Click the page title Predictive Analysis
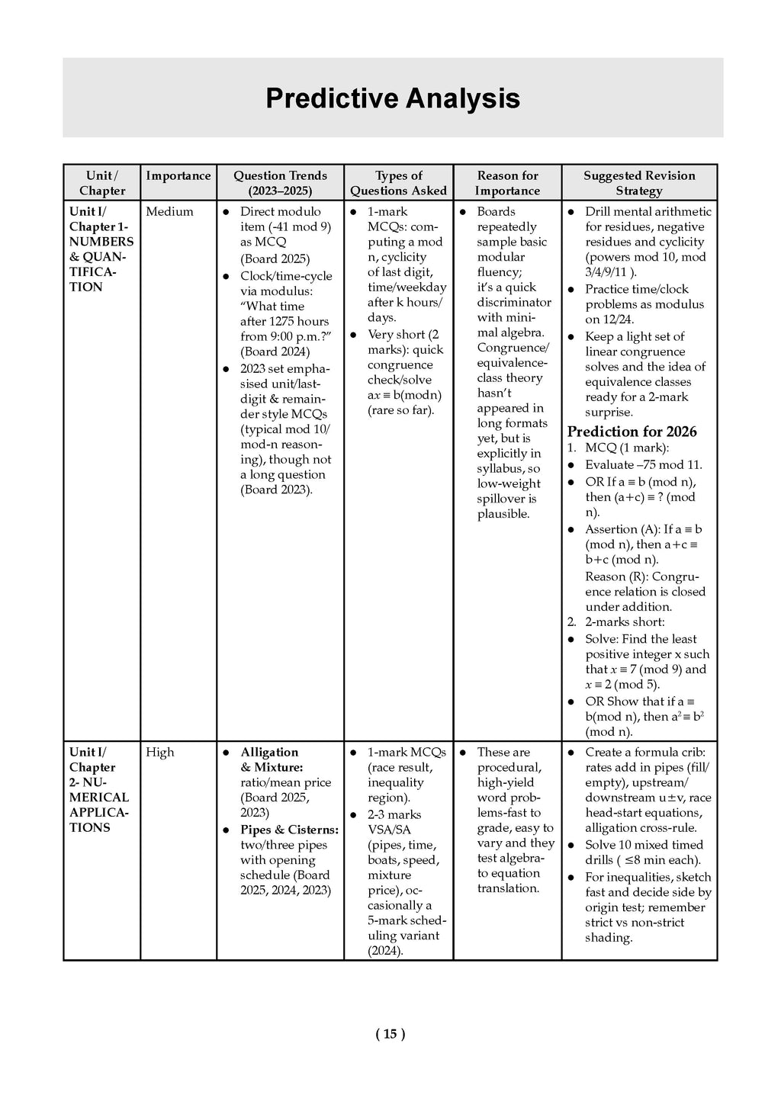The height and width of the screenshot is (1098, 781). tap(393, 99)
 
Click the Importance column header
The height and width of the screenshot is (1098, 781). tap(178, 176)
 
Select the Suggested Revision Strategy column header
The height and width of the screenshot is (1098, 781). tap(639, 183)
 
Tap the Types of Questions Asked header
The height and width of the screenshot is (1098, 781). tap(398, 183)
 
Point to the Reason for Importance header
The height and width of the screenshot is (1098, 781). tap(507, 183)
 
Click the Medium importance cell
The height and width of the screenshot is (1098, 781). tap(169, 212)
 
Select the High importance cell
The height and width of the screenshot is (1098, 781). tap(160, 753)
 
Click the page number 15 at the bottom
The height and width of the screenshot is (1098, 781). tap(390, 1034)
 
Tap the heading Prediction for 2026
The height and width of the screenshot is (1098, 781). tap(632, 432)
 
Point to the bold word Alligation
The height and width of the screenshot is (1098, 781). tap(269, 753)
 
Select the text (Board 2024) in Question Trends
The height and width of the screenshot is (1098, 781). tap(275, 352)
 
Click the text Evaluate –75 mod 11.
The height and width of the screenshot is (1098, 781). tap(643, 465)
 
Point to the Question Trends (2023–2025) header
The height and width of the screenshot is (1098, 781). tap(280, 183)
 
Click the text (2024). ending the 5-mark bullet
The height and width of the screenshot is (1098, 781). tap(385, 951)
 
